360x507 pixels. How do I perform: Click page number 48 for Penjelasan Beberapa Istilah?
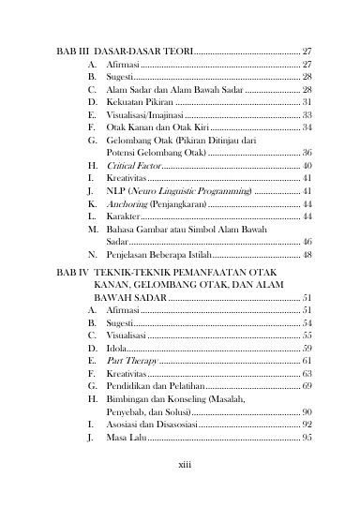point(307,254)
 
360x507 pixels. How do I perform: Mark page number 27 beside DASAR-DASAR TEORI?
point(307,49)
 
